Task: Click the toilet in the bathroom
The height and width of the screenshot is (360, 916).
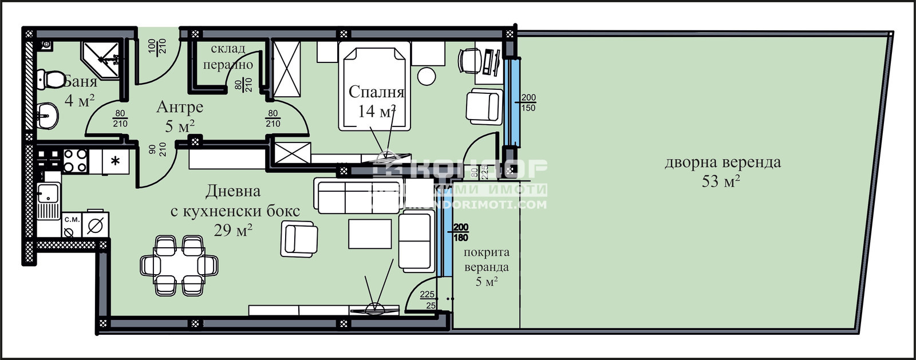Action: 50,78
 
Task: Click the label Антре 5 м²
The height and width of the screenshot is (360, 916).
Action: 179,116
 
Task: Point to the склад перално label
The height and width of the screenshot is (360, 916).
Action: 228,57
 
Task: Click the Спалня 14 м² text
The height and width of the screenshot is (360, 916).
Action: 376,101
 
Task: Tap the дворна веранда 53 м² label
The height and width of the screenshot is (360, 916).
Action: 722,171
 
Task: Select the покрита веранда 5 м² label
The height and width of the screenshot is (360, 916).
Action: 486,266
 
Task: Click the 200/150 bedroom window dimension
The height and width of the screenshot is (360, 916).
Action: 528,103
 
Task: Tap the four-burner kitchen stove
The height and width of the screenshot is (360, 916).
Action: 74,160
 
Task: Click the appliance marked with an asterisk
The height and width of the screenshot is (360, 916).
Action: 115,161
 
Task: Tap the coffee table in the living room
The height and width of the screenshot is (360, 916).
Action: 370,234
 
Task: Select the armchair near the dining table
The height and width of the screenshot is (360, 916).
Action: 299,239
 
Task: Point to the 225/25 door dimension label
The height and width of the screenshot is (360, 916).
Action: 428,300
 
